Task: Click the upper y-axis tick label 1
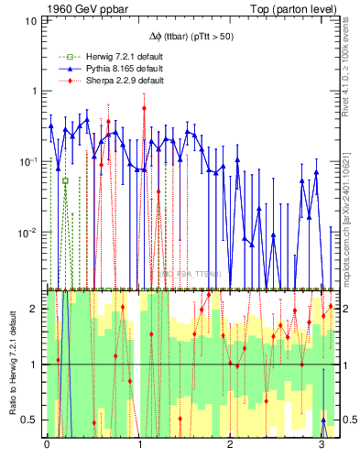pyautogui.click(x=36, y=91)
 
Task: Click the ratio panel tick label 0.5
pyautogui.click(x=31, y=420)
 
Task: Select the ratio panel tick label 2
pyautogui.click(x=36, y=309)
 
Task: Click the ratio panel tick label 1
pyautogui.click(x=36, y=365)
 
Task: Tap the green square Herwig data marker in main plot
pyautogui.click(x=65, y=181)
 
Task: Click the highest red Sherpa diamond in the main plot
pyautogui.click(x=145, y=108)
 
